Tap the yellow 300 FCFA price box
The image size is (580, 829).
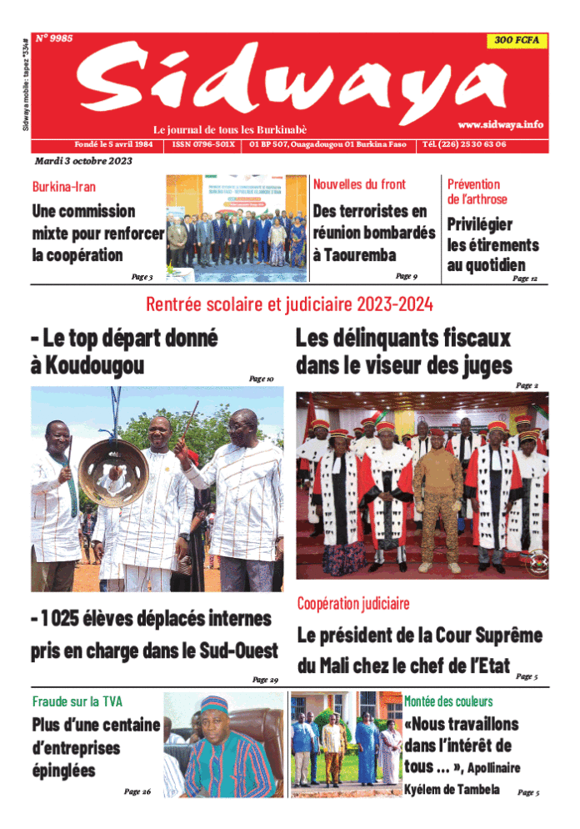click(516, 40)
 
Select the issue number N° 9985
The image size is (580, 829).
click(54, 38)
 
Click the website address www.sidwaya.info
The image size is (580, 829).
click(500, 124)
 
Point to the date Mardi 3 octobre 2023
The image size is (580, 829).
click(82, 161)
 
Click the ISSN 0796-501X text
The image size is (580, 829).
click(204, 144)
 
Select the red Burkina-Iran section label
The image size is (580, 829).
click(63, 187)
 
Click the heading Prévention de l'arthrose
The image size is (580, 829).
click(477, 191)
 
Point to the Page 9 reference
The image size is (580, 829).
click(407, 275)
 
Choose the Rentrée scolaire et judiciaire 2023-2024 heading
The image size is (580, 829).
click(289, 304)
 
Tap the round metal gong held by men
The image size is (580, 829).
click(114, 474)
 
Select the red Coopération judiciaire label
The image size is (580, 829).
click(353, 602)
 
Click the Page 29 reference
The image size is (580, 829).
click(265, 679)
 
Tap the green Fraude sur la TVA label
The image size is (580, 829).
click(77, 701)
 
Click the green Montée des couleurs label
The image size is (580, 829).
click(448, 701)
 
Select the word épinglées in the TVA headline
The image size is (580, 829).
click(63, 770)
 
